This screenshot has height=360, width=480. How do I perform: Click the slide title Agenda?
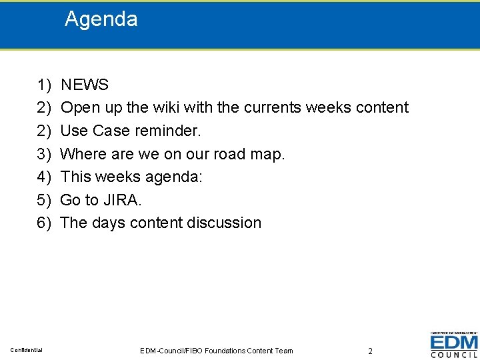101,19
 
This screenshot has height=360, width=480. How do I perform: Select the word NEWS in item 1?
85,85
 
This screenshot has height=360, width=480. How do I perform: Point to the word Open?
79,107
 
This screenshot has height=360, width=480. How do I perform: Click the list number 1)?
44,85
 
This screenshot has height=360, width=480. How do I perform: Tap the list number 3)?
44,154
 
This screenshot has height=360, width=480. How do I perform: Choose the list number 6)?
44,223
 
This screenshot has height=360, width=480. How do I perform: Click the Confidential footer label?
27,350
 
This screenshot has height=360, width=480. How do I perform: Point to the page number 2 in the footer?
370,351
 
